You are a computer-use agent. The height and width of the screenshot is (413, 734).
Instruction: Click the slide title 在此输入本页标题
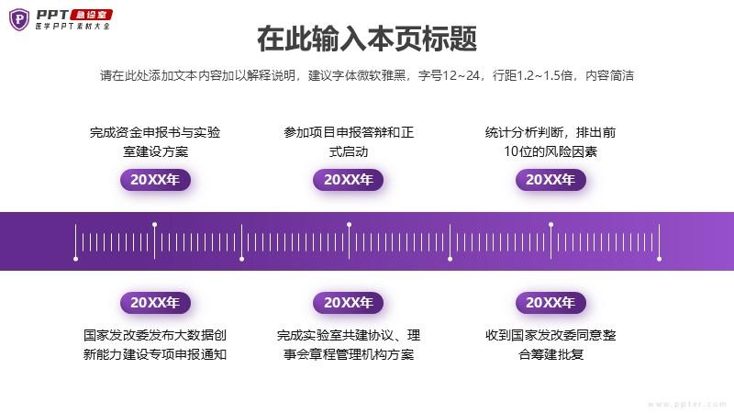coord(367,39)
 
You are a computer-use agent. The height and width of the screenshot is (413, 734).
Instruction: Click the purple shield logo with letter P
coord(19,19)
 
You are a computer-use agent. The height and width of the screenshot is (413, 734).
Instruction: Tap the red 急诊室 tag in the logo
coord(91,15)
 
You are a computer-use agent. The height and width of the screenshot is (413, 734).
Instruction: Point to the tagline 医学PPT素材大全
coord(72,27)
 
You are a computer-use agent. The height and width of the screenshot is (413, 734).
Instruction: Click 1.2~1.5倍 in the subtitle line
coord(546,75)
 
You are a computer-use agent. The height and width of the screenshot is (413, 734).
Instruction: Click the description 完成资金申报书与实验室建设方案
coord(155,142)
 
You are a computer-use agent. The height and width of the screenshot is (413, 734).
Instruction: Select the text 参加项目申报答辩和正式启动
coord(349,142)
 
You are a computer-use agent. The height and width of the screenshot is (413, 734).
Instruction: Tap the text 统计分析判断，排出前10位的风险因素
coord(550,142)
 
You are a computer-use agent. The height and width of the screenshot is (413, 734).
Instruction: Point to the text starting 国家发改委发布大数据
coord(155,345)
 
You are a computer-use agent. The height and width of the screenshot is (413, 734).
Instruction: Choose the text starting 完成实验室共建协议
coord(349,345)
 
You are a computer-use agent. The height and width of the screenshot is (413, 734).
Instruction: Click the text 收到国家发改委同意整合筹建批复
coord(550,345)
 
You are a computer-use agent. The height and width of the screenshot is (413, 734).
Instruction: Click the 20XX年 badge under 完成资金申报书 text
coord(155,180)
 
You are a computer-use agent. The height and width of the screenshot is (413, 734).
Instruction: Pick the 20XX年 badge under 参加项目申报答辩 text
coord(349,180)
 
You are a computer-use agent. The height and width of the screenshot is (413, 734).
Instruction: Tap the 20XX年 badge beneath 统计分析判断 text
coord(550,180)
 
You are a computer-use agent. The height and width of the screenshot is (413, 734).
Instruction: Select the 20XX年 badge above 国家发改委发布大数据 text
coord(155,303)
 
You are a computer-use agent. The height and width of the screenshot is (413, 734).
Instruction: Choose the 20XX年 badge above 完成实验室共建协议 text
coord(349,303)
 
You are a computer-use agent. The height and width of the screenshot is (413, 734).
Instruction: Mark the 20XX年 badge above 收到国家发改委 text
coord(550,303)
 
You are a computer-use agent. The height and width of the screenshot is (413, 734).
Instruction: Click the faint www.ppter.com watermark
coord(687,404)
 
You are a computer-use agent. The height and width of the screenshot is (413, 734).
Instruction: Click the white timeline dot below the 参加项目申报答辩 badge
coord(350,225)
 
